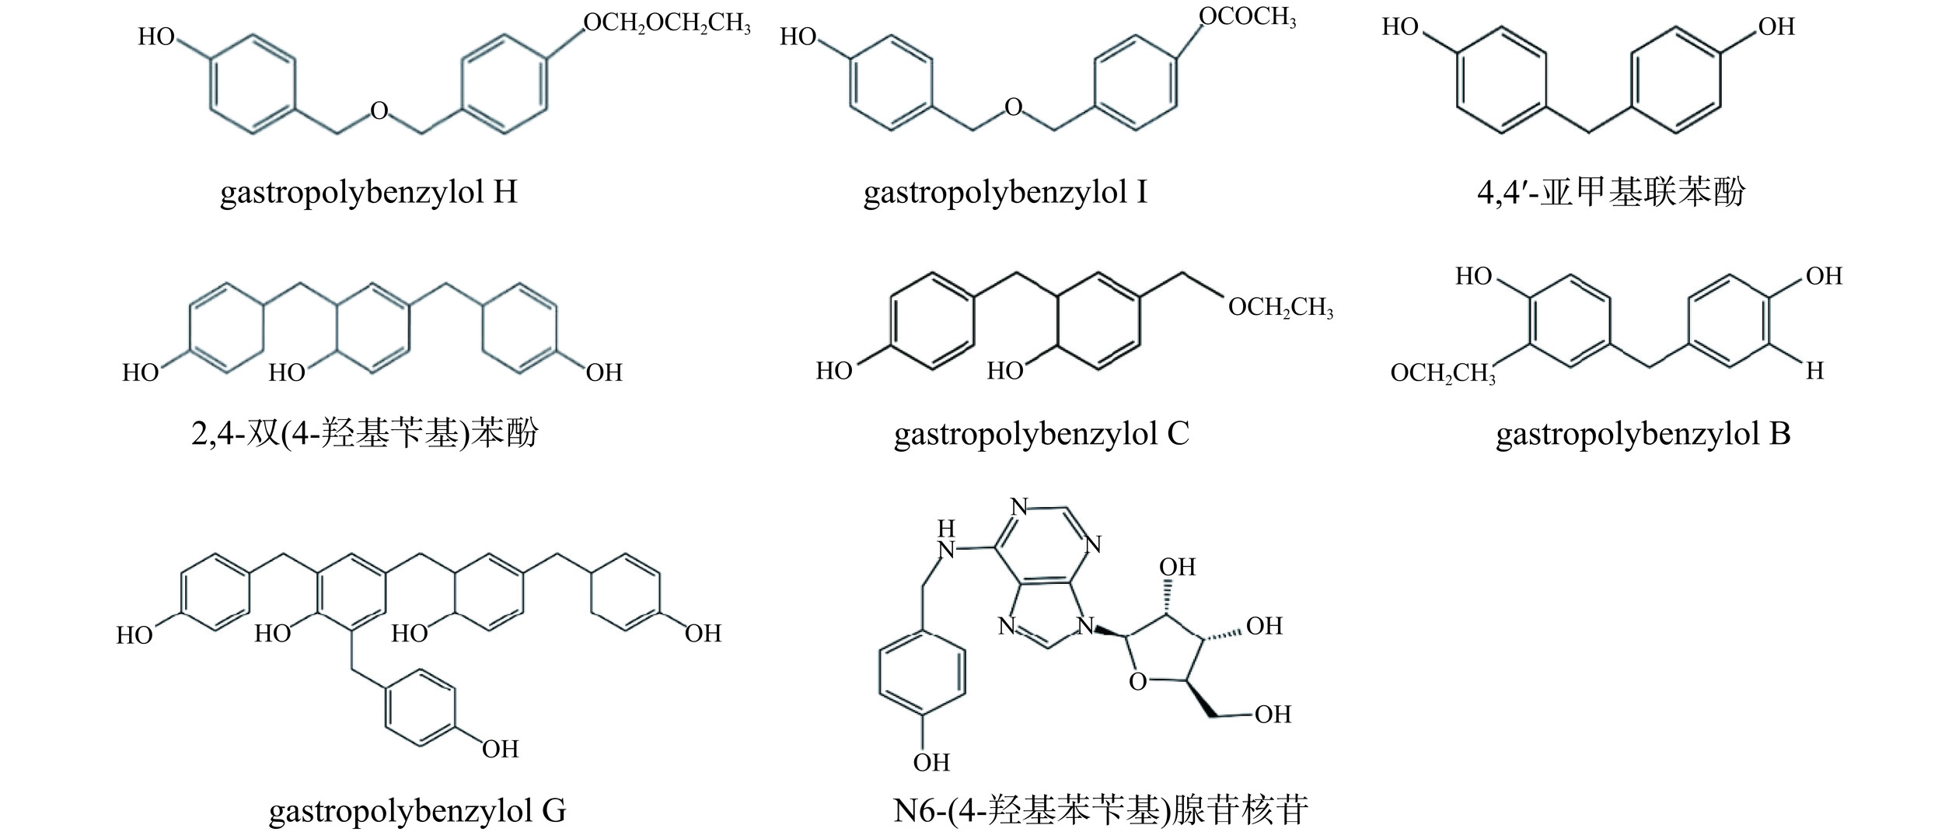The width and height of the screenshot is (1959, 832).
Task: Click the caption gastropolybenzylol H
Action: coord(368,192)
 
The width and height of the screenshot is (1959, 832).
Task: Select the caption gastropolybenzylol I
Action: coord(1005,192)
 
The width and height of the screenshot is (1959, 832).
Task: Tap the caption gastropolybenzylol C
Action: coord(1042,434)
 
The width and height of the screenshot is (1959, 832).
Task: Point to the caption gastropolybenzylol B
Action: coord(1643,434)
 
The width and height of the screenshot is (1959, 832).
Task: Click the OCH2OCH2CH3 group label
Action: coord(667,23)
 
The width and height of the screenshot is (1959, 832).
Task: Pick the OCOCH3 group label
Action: coord(1247,17)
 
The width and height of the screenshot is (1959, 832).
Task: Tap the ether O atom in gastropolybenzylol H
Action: coord(379,111)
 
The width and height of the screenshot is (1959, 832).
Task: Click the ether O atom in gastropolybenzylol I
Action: coord(1013,107)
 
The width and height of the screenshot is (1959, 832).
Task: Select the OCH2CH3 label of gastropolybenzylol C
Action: coord(1280,308)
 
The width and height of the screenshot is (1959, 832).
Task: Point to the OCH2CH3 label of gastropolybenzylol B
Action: coord(1443,374)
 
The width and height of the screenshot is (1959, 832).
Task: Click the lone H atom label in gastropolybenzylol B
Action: coord(1814,372)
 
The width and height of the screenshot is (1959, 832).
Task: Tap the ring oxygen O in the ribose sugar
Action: coord(1137,683)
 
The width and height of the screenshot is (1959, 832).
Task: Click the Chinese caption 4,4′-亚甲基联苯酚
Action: coord(1612,192)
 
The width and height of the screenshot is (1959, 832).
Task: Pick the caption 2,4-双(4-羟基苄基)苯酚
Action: coord(365,434)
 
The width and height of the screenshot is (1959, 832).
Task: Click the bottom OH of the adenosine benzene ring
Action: coord(931,763)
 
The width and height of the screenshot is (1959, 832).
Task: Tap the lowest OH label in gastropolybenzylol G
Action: coord(500,750)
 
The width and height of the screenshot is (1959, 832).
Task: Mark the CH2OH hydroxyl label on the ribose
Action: coord(1273,714)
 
